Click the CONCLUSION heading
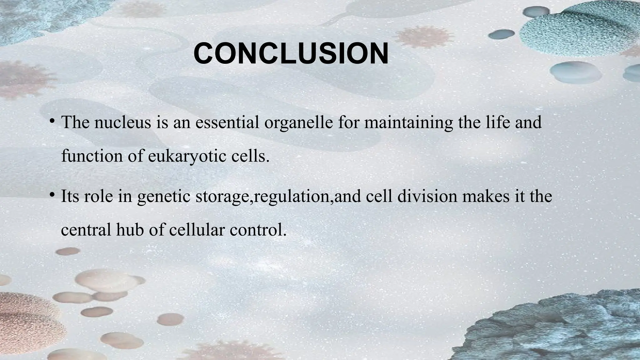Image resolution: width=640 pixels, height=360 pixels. point(291,53)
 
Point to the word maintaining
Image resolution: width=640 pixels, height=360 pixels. point(408,122)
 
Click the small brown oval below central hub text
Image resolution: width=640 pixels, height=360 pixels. point(68,251)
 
